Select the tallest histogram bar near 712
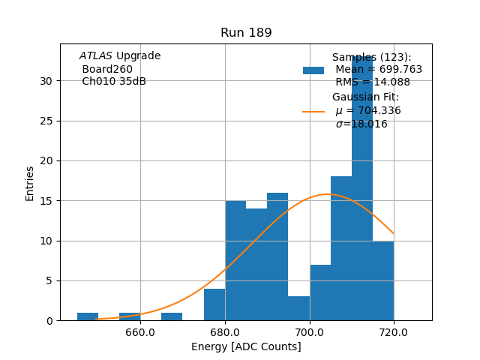tap(362, 187)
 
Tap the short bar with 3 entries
tap(298, 308)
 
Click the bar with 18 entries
tap(341, 248)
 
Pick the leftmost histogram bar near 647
tap(88, 316)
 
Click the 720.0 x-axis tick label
tap(394, 332)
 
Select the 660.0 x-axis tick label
tap(140, 332)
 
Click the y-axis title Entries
tap(30, 183)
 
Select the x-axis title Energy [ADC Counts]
tap(246, 346)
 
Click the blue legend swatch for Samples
tap(313, 70)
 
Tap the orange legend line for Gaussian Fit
tap(313, 112)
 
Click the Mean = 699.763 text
tap(379, 70)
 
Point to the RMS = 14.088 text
tap(373, 82)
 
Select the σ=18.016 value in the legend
tap(361, 124)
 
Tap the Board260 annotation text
tap(107, 69)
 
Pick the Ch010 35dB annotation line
tap(113, 82)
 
